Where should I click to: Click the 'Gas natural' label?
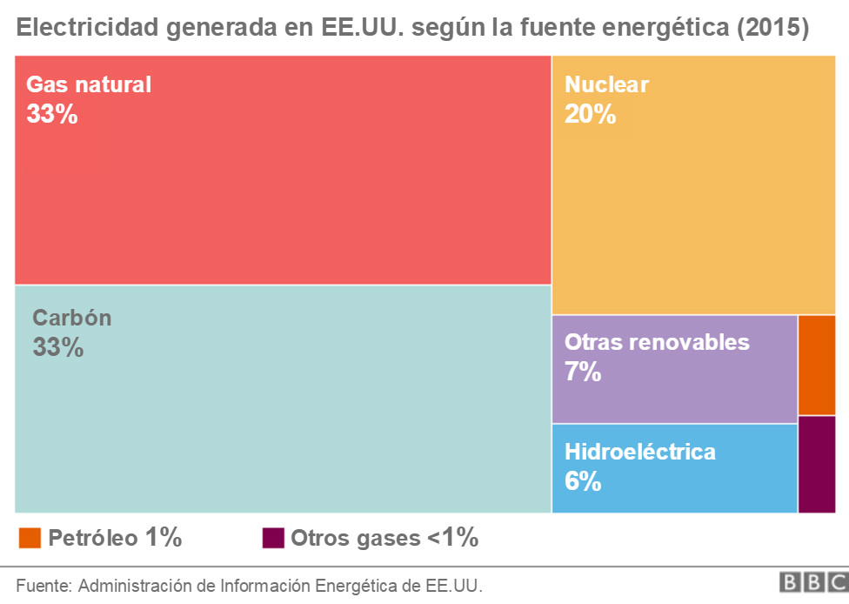pos(89,84)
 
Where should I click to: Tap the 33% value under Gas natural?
pos(52,114)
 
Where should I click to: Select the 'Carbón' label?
pos(72,318)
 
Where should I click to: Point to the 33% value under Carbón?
pos(58,347)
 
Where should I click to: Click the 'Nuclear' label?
pos(606,84)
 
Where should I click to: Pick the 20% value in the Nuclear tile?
pos(590,114)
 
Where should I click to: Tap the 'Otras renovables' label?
pos(657,342)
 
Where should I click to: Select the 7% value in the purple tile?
pos(583,372)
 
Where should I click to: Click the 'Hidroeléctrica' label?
pos(640,452)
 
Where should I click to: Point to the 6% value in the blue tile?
pos(583,481)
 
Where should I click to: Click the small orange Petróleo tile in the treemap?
pos(817,365)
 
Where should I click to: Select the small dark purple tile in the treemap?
pos(817,465)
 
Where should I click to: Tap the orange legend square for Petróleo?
pos(30,538)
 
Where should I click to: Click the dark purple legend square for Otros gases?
pos(273,538)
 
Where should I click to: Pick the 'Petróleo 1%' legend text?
pos(115,538)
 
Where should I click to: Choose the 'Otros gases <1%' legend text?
pos(384,538)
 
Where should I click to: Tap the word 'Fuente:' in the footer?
pos(44,584)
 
